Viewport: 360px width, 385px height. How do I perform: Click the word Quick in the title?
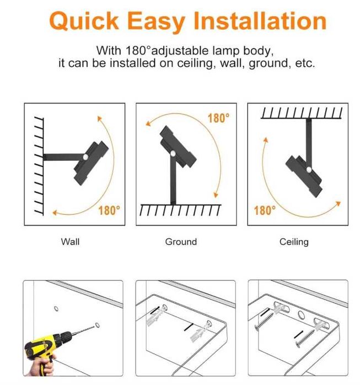click(x=84, y=21)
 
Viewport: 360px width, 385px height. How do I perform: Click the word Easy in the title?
click(x=156, y=22)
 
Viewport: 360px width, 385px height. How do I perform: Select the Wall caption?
click(x=70, y=242)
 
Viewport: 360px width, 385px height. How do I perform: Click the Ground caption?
click(x=181, y=242)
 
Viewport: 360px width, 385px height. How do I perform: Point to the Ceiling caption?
click(x=294, y=242)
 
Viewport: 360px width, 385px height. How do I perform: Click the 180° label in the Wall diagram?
click(x=109, y=210)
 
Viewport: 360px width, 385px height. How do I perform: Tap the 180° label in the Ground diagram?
click(x=219, y=118)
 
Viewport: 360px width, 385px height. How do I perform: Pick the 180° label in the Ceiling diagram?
click(x=265, y=210)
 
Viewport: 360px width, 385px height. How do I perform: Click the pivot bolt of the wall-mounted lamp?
click(x=85, y=157)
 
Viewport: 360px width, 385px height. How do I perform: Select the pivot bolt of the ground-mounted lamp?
click(x=173, y=154)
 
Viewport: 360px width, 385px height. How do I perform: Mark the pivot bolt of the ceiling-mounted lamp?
click(x=309, y=170)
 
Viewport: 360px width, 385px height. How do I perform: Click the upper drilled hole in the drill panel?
click(x=56, y=308)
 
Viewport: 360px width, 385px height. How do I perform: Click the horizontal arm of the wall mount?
click(x=63, y=157)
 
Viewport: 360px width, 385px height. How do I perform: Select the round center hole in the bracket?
click(x=301, y=315)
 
